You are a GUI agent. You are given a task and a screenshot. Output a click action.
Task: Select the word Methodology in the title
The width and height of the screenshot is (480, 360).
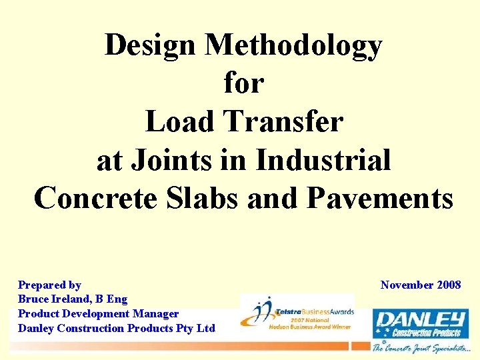[293, 45]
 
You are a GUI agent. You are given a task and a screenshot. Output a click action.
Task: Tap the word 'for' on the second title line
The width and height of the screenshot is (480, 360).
[244, 83]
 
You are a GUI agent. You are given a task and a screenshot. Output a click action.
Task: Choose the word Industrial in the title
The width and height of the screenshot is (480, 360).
[323, 160]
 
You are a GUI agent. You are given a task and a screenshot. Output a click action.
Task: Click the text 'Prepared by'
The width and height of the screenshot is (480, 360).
[49, 285]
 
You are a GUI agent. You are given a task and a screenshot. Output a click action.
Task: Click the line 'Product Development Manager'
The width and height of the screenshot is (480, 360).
[98, 313]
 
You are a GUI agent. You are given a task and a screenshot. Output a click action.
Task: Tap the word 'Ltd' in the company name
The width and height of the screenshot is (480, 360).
[205, 328]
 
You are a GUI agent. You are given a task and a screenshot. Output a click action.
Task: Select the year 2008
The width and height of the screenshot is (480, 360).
[449, 285]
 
